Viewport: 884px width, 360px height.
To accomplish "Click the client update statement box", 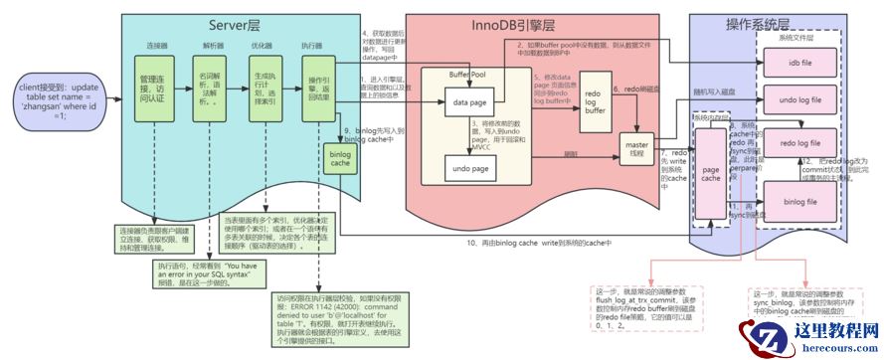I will click(x=58, y=100).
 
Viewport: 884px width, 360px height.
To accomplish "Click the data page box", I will click(x=472, y=101).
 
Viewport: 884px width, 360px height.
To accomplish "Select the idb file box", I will click(x=800, y=62).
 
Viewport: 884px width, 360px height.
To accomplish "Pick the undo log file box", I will click(x=800, y=101).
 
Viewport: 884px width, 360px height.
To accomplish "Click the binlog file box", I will click(x=800, y=203).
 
